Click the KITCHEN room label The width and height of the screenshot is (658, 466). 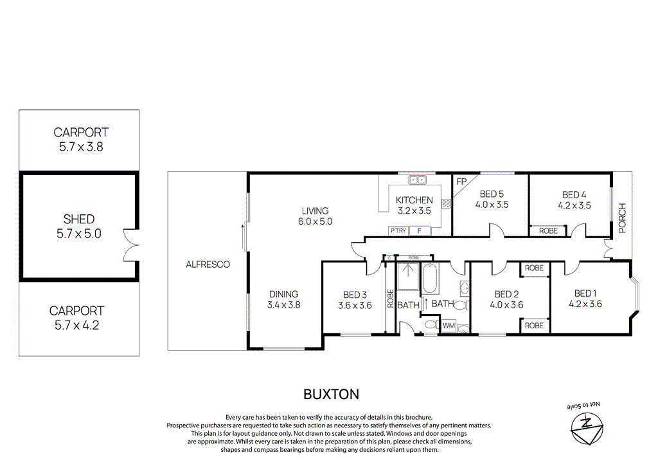point(414,200)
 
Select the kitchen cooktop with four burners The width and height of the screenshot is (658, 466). point(445,203)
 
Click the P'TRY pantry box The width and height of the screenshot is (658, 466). point(398,230)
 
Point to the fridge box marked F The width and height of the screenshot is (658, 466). point(420,230)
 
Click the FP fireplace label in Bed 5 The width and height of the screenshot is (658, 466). point(461,182)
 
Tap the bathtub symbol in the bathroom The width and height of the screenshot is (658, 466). point(429,281)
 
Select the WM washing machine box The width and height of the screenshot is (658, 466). point(448,326)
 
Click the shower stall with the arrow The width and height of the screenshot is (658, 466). point(407,277)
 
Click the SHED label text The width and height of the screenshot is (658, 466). point(78,219)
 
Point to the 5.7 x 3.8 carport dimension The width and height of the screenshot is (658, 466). point(80,147)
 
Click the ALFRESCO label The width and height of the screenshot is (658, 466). point(208,264)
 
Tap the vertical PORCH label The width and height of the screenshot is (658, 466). point(621,218)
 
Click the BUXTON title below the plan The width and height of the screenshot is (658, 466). point(331,393)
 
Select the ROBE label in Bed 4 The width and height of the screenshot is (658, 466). point(548,230)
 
